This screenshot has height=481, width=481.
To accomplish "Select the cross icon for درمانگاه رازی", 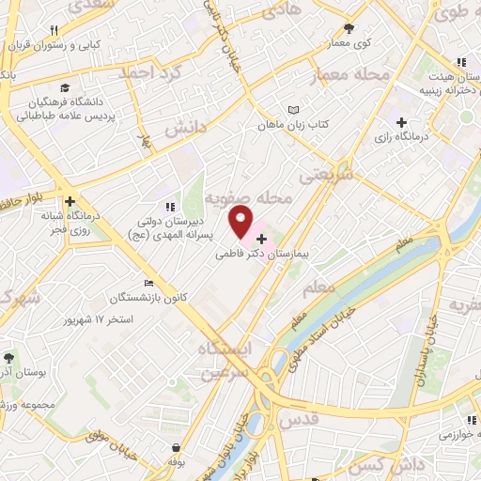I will click(x=402, y=122).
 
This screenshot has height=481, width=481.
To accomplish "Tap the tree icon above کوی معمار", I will click(x=349, y=29).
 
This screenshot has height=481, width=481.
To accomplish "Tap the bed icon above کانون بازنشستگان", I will click(x=148, y=284).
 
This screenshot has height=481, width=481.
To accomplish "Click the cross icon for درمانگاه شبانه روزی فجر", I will click(x=70, y=201).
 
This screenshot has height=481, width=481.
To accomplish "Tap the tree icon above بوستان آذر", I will click(x=8, y=358).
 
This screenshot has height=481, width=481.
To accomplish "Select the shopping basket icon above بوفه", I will click(x=177, y=449).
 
